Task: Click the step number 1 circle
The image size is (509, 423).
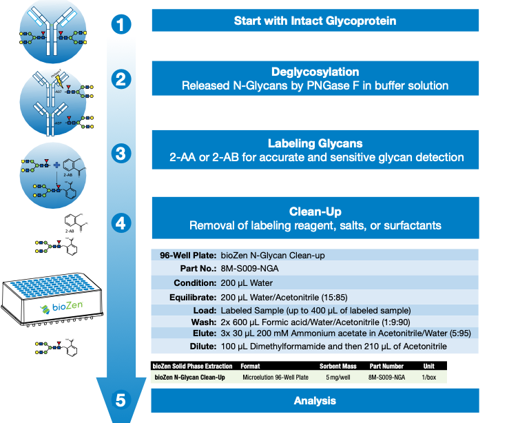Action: tap(121, 25)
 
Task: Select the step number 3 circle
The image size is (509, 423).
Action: tap(121, 152)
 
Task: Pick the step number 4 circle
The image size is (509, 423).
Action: tap(121, 223)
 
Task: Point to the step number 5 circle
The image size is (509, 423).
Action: tap(121, 400)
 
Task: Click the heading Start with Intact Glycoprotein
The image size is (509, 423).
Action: tap(315, 21)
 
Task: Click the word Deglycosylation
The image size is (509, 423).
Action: tap(315, 72)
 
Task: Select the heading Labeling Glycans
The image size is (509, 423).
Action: tap(315, 143)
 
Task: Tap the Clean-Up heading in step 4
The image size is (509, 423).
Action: tap(315, 212)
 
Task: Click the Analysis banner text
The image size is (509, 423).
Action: tap(315, 400)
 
